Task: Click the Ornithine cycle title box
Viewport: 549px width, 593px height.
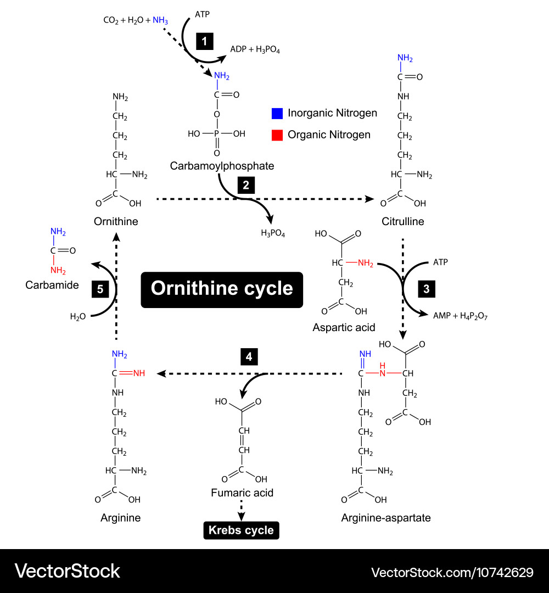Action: pyautogui.click(x=222, y=289)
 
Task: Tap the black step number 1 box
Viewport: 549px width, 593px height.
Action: pyautogui.click(x=204, y=42)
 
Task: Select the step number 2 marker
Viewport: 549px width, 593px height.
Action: pyautogui.click(x=246, y=186)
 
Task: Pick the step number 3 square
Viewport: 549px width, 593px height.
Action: pyautogui.click(x=427, y=289)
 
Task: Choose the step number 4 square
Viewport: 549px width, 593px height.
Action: pyautogui.click(x=249, y=357)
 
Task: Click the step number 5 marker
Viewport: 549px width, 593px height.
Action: pyautogui.click(x=100, y=289)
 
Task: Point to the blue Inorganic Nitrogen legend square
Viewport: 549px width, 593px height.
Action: pyautogui.click(x=277, y=114)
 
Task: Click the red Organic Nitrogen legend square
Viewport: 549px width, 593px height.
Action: pyautogui.click(x=277, y=135)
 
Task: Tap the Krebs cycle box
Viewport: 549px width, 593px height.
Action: pyautogui.click(x=241, y=530)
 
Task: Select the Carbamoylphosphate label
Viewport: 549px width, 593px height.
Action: pyautogui.click(x=222, y=165)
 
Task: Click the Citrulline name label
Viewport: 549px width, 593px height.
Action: pyautogui.click(x=403, y=222)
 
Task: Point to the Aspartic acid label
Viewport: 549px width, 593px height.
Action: pyautogui.click(x=344, y=327)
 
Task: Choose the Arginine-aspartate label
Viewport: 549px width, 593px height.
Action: pyautogui.click(x=386, y=517)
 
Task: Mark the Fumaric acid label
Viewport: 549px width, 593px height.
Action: pyautogui.click(x=242, y=493)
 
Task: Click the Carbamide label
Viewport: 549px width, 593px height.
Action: pyautogui.click(x=52, y=286)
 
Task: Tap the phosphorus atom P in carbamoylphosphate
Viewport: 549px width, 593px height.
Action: pyautogui.click(x=217, y=133)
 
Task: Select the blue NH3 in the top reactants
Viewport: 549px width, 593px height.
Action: pyautogui.click(x=160, y=20)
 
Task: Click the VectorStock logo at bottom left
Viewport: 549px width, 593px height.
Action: pyautogui.click(x=67, y=571)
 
